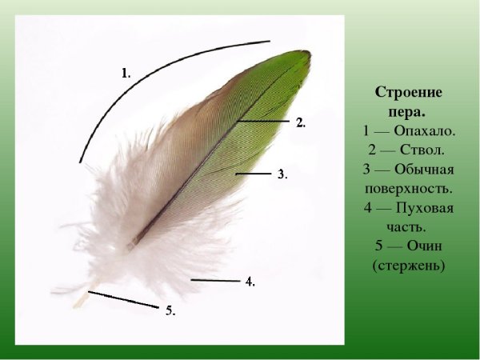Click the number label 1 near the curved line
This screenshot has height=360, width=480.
[126, 73]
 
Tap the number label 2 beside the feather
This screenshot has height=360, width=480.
[300, 123]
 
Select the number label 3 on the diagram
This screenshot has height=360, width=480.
[281, 174]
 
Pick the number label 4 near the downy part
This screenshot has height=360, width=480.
[250, 282]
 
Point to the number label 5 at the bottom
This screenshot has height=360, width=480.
[170, 310]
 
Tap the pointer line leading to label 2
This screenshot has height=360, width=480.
[264, 120]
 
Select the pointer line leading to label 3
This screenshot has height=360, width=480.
[254, 173]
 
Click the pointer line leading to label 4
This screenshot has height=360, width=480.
[215, 281]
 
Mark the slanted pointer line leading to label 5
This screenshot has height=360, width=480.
[123, 299]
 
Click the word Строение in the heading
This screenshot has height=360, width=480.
[408, 93]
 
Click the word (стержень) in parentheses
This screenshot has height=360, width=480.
[408, 265]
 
